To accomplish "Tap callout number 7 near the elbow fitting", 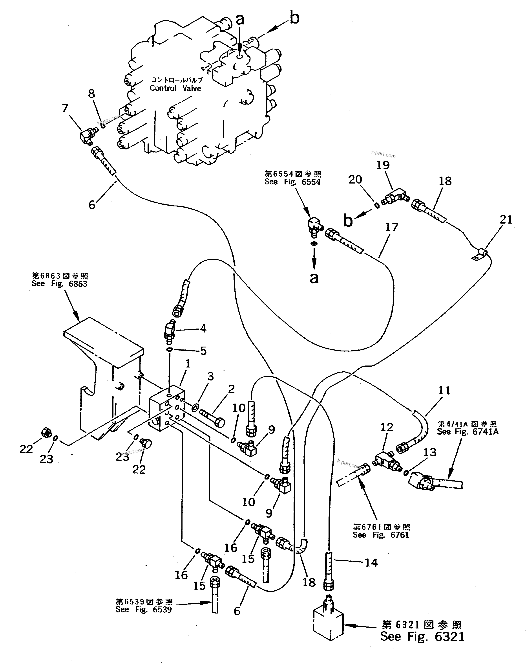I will click(65, 108).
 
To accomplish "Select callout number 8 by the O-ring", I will click(91, 94).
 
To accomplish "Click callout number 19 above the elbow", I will click(383, 165).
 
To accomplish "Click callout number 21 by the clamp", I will click(506, 220).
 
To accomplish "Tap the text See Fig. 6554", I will click(292, 182).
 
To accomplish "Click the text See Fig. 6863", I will click(59, 283).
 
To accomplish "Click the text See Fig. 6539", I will click(144, 610).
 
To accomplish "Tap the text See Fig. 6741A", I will click(468, 432).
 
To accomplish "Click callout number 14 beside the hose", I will click(371, 563).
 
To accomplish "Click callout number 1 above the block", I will click(188, 364).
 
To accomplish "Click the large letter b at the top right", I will click(294, 18).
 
